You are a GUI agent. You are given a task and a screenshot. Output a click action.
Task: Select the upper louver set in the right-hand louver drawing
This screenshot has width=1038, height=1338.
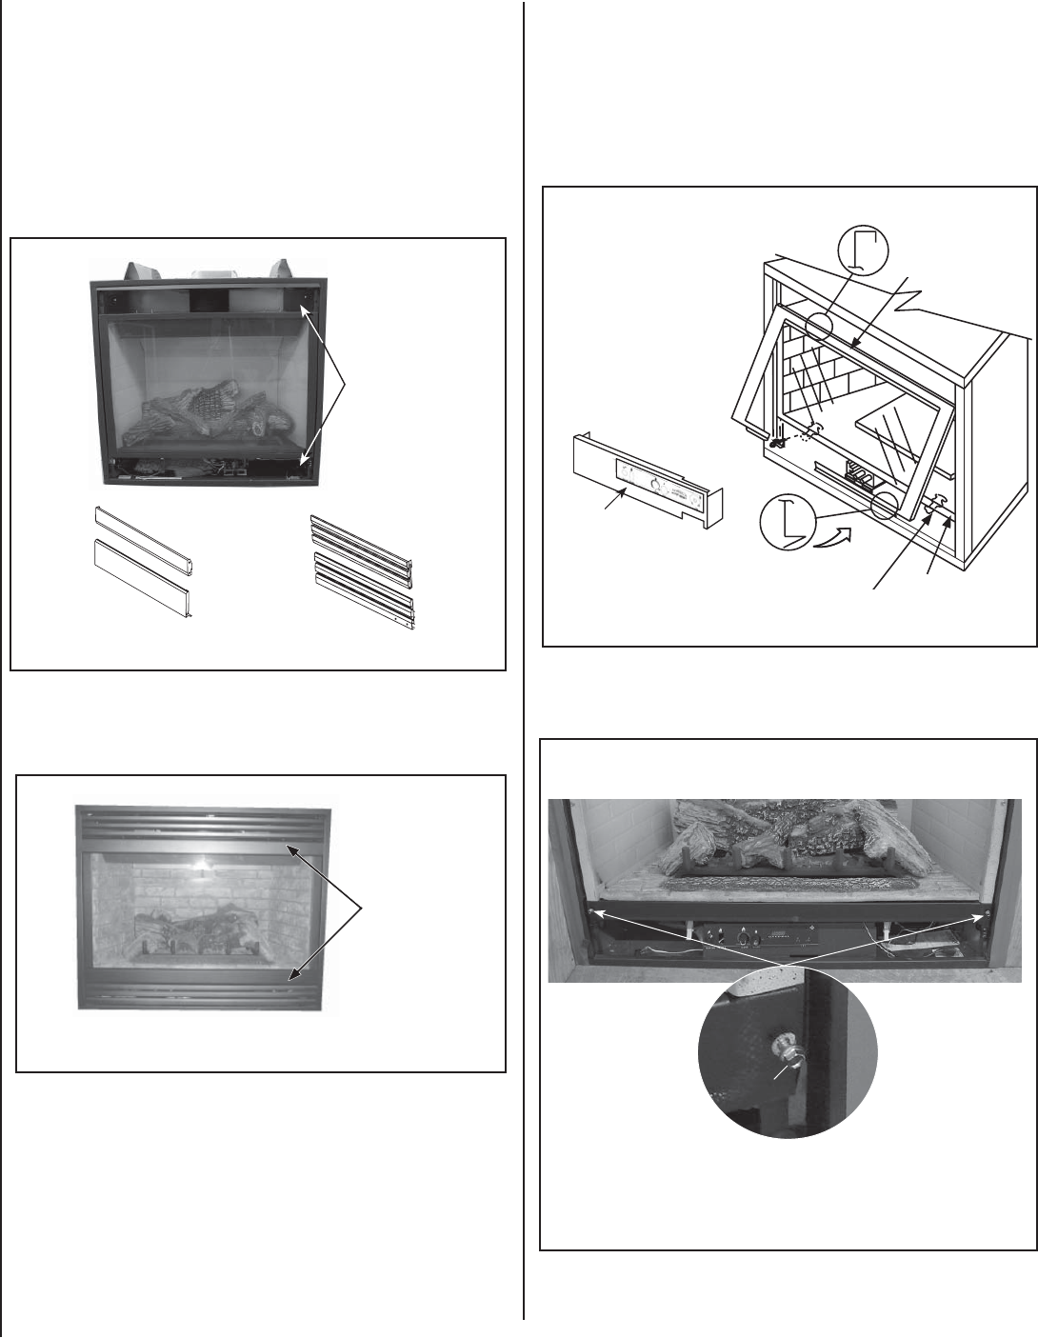pyautogui.click(x=363, y=542)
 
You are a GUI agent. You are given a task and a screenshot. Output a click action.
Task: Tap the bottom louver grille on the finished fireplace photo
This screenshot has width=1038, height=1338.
pyautogui.click(x=204, y=991)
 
